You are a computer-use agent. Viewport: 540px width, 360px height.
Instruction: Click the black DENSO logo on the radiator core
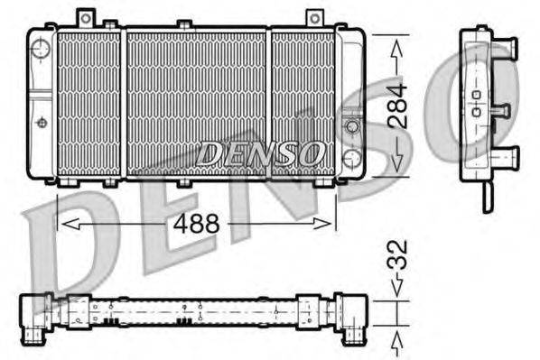pos(261,153)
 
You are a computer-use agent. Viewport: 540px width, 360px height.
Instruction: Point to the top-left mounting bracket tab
pos(86,17)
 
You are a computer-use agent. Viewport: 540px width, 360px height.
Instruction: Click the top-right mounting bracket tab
pos(313,18)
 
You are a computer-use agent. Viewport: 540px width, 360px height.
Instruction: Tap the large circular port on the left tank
pos(40,49)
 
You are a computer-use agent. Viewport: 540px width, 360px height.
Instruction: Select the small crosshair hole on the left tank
pos(41,121)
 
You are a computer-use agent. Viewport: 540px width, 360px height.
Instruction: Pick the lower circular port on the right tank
pos(351,161)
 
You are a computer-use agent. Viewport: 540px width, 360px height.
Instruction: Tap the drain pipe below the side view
pos(487,196)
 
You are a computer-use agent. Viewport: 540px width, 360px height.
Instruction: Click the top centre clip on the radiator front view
pos(184,23)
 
